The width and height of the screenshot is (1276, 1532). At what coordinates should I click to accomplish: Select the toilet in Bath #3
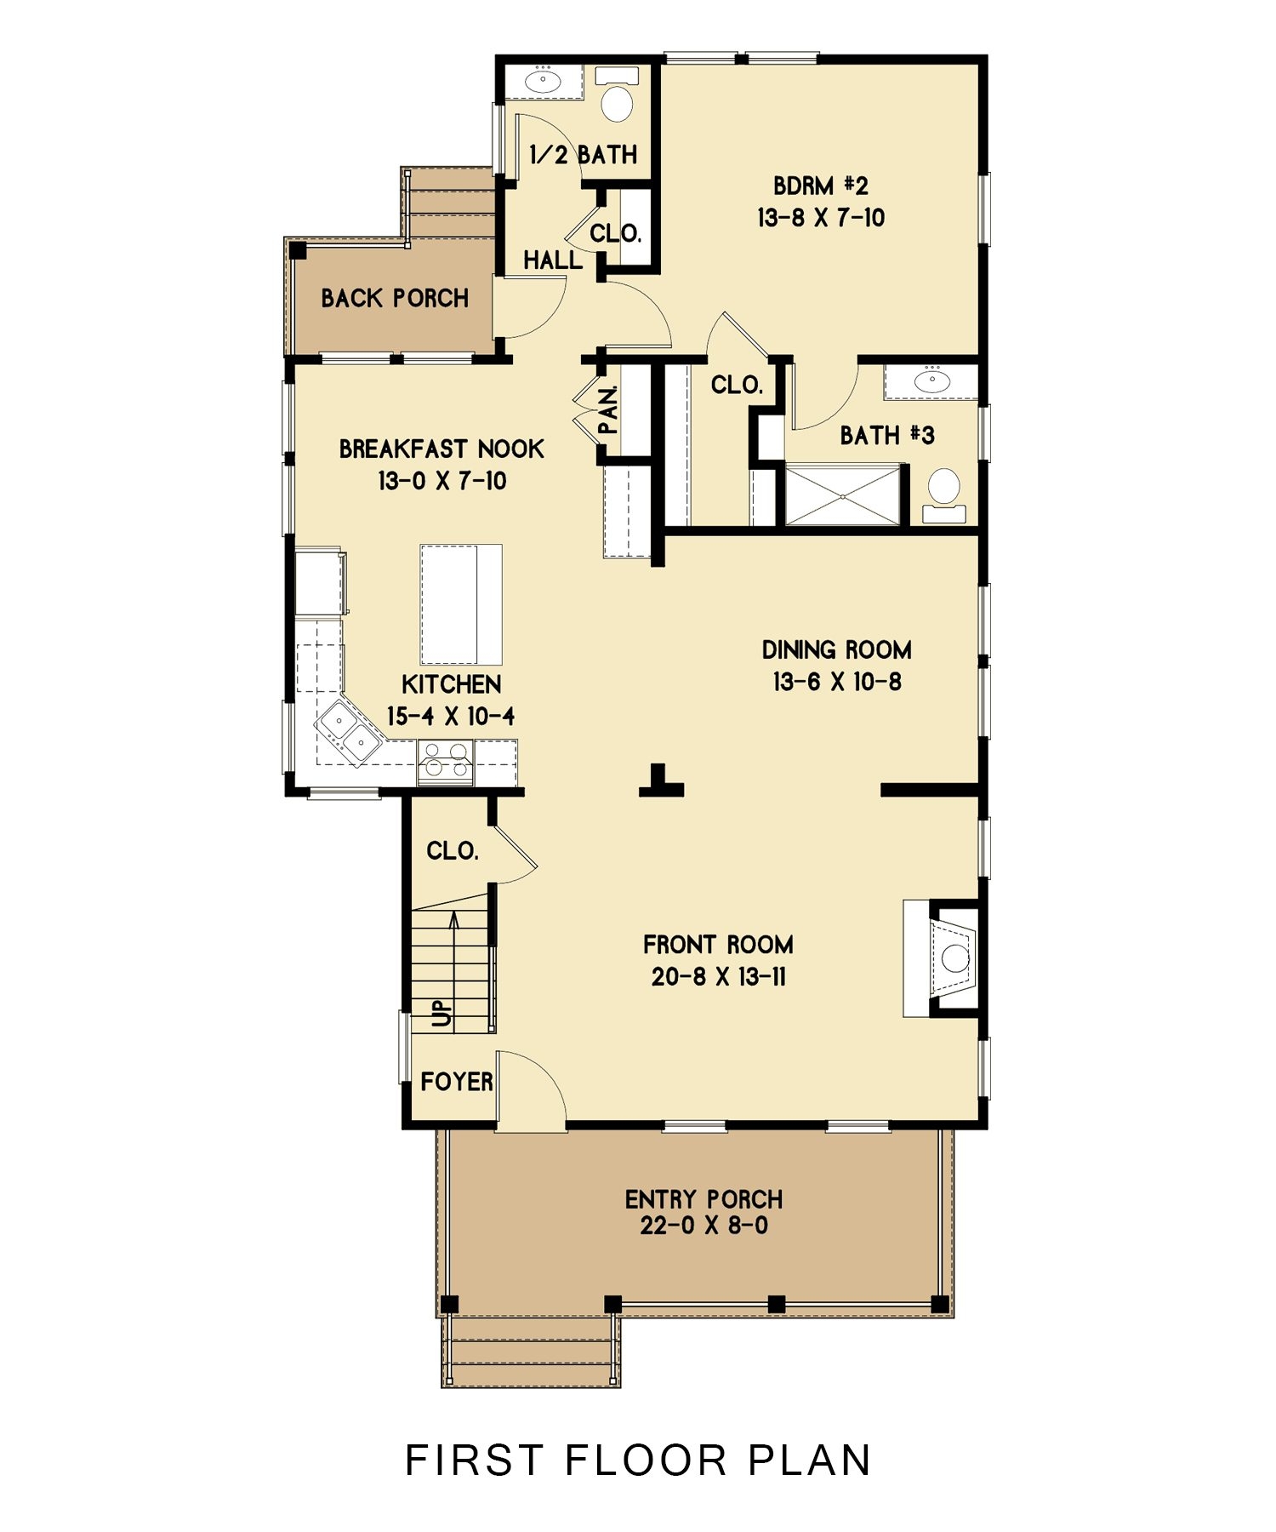[x=943, y=491]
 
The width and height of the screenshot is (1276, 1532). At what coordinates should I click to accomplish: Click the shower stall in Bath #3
[x=842, y=494]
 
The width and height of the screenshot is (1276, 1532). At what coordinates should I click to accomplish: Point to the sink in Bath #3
[x=932, y=380]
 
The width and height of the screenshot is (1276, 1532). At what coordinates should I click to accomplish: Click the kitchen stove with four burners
[x=446, y=760]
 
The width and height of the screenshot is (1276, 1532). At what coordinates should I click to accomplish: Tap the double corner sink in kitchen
[x=349, y=733]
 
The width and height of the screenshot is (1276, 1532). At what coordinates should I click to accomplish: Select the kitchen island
[x=460, y=604]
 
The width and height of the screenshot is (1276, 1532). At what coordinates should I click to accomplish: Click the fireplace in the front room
[x=950, y=958]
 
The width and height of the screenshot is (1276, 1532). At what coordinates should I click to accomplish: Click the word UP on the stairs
[x=442, y=1013]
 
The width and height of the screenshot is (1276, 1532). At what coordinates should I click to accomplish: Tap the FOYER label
[x=457, y=1082]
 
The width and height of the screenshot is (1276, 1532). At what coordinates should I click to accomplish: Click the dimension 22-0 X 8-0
[x=704, y=1226]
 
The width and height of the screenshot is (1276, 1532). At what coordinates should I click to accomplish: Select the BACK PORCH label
[x=395, y=298]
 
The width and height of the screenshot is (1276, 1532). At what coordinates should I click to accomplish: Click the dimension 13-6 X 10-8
[x=836, y=682]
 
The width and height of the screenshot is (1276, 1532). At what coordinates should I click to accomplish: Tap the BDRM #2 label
[x=820, y=186]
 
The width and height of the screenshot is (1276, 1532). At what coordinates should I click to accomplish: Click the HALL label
[x=553, y=260]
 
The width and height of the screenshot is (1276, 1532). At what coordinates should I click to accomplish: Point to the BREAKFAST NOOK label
[x=441, y=449]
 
